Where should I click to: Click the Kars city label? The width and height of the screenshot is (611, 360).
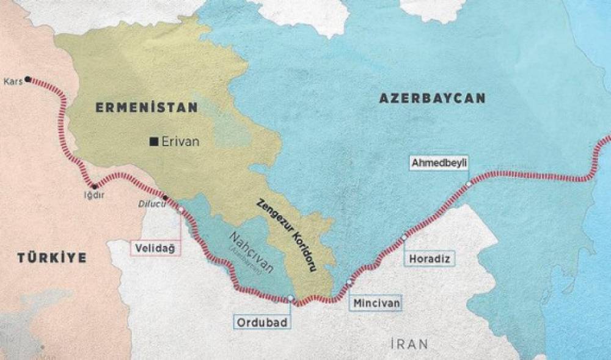[x=12, y=81]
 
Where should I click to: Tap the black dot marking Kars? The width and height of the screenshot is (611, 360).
[x=28, y=79]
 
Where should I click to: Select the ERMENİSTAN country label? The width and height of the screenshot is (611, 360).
[x=147, y=108]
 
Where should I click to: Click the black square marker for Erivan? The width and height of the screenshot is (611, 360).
[x=153, y=142]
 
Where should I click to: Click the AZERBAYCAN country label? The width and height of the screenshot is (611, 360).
[x=432, y=98]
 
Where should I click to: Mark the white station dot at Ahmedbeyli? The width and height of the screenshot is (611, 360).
[x=468, y=184]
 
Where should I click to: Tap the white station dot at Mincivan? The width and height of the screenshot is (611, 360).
[x=349, y=282]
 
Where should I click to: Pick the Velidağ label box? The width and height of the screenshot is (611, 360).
[x=156, y=248]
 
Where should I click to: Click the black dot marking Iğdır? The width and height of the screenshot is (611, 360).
[x=94, y=186]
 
